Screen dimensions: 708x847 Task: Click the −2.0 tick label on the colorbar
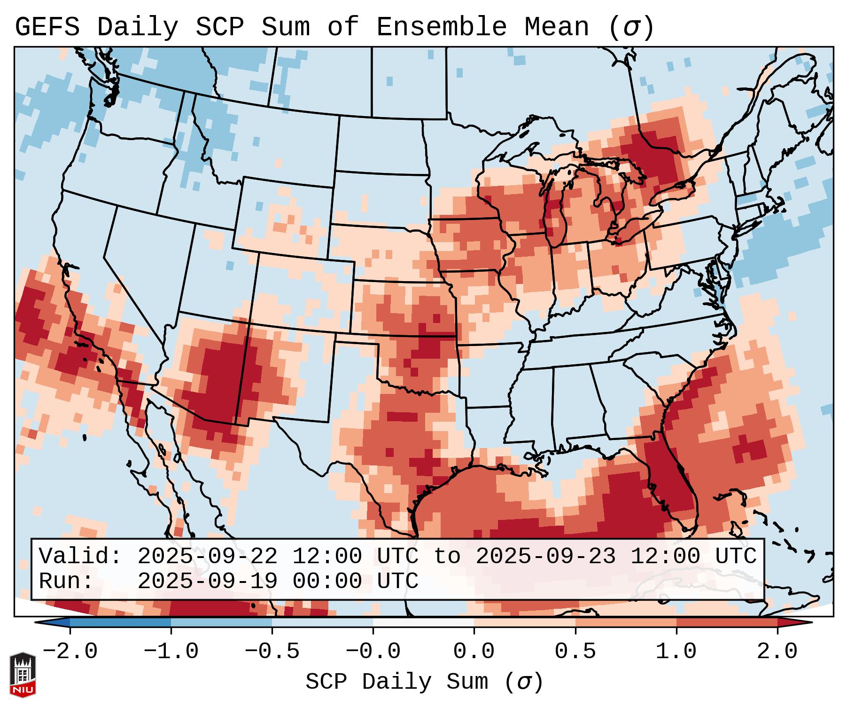click(70, 652)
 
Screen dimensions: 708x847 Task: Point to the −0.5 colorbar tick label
click(272, 652)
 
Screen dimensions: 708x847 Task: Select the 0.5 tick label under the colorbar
click(575, 652)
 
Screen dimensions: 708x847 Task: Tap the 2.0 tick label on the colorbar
click(777, 652)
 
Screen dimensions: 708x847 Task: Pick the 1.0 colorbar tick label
click(676, 652)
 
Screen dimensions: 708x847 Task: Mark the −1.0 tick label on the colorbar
click(171, 652)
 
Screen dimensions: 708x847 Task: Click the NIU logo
click(23, 674)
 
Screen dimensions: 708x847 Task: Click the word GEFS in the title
click(47, 27)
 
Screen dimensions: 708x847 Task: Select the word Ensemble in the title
click(442, 27)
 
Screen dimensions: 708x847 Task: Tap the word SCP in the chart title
click(219, 27)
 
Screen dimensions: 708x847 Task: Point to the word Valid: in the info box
click(80, 556)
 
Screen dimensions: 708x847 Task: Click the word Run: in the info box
click(66, 581)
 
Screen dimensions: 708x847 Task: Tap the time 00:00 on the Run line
click(327, 581)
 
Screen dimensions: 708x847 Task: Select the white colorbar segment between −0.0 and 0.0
click(423, 623)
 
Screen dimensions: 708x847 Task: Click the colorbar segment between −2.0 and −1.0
click(120, 623)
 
